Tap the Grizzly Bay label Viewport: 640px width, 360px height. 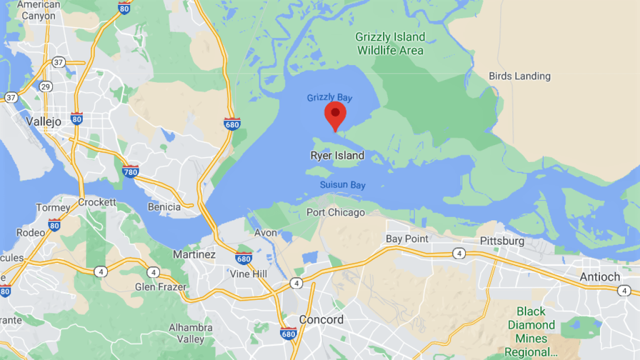[329, 98]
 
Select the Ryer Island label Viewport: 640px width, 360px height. [337, 156]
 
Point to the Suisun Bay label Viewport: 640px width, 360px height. [342, 185]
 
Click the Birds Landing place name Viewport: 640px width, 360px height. [519, 76]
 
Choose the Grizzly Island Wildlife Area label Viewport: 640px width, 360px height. [390, 44]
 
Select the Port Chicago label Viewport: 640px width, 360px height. [335, 212]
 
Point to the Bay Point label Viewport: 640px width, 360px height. [407, 239]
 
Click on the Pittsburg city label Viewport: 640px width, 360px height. [502, 241]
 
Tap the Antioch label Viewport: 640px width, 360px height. [600, 277]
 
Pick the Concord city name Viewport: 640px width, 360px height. [321, 319]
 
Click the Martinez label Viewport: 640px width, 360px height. [194, 254]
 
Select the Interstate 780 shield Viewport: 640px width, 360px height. [130, 171]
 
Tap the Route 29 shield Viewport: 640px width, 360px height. [46, 86]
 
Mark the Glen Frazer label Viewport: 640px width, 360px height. [161, 287]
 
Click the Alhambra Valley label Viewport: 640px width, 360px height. [190, 333]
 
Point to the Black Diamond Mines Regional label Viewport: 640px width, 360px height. [531, 332]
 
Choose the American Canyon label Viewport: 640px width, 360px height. [38, 10]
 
